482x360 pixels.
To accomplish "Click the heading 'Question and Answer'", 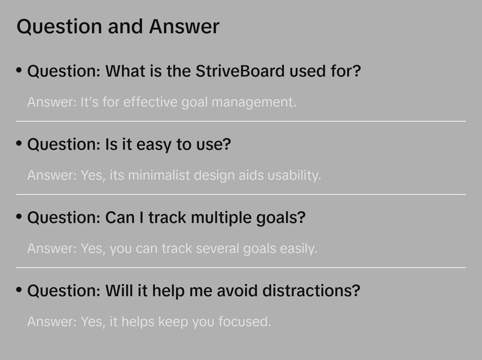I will pos(118,26).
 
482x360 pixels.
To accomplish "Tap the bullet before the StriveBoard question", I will pos(19,70).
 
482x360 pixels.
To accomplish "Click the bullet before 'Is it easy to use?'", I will pos(19,144).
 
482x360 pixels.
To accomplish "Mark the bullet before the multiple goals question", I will pos(19,217).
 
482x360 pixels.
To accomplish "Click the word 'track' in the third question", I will pos(161,217).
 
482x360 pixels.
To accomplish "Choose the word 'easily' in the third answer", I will pos(298,249).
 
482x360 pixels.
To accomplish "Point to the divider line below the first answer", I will pos(241,121).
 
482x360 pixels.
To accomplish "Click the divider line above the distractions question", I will pos(241,267).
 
